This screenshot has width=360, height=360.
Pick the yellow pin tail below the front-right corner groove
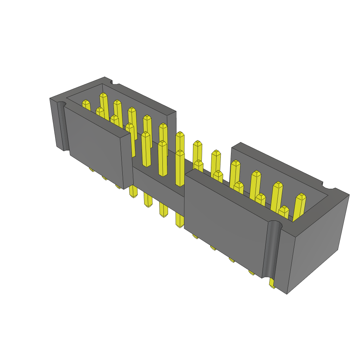pyautogui.click(x=272, y=284)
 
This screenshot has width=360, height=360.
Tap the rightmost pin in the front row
pyautogui.click(x=283, y=211)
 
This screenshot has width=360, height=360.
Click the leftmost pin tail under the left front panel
pyautogui.click(x=91, y=170)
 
